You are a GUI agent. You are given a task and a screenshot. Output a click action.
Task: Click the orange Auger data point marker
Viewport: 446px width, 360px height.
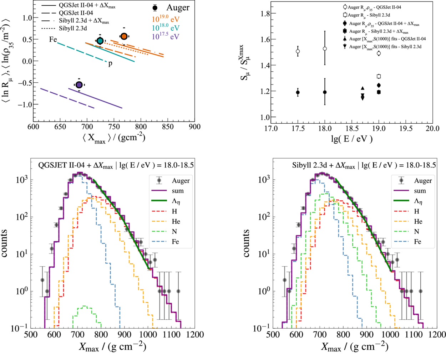(x=124, y=36)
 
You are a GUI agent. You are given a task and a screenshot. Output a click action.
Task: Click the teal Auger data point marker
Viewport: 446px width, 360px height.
(x=100, y=41)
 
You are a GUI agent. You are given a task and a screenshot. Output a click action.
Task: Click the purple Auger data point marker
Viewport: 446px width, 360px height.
(x=79, y=84)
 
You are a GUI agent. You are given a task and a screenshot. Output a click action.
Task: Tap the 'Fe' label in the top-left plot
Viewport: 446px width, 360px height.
(x=53, y=39)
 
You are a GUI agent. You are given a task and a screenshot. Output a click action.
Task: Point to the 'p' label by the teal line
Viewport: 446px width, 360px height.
(x=110, y=64)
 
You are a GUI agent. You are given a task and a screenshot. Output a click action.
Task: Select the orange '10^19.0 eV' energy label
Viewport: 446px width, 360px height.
(x=166, y=19)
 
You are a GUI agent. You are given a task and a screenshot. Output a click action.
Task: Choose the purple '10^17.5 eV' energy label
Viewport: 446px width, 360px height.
(x=166, y=36)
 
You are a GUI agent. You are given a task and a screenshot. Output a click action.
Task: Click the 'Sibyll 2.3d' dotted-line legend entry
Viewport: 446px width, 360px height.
(x=73, y=29)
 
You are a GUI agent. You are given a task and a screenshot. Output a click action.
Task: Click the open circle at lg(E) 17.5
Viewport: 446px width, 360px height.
(x=298, y=52)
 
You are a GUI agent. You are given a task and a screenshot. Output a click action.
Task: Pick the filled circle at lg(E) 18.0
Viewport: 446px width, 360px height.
(x=325, y=92)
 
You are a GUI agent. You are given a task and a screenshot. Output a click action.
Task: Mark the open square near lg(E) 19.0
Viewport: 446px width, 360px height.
(x=379, y=76)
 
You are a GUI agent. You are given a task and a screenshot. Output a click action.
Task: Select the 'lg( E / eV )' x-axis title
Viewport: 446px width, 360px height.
(x=352, y=139)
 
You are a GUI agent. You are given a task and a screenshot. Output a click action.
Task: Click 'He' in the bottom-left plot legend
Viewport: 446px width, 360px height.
(x=176, y=221)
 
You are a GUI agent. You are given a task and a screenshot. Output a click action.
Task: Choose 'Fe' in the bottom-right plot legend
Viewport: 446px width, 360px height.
(x=417, y=242)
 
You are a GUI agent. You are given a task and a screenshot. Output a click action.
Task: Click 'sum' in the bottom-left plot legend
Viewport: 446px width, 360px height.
(x=178, y=191)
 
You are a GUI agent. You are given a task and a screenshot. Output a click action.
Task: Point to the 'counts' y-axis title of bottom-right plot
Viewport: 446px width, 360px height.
(x=247, y=243)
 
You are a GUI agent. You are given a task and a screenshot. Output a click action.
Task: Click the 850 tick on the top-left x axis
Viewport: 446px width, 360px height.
(x=168, y=127)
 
